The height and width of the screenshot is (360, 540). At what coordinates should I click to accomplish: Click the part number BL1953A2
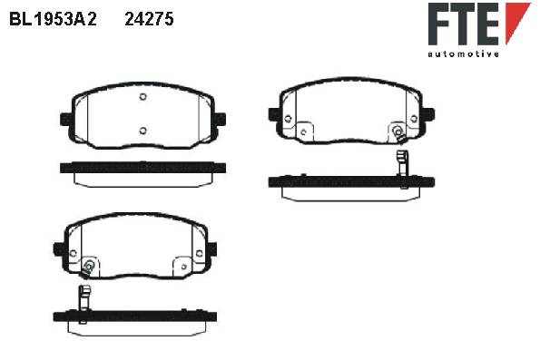point(53,19)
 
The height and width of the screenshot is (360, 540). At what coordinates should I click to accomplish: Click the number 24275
point(149,19)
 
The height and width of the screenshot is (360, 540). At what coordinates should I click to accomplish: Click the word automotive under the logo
point(463,54)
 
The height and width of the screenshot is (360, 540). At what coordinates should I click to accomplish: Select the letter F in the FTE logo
point(438,24)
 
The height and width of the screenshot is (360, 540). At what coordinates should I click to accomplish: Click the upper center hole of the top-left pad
point(143,97)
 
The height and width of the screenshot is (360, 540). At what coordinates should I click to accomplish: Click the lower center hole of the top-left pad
point(143,131)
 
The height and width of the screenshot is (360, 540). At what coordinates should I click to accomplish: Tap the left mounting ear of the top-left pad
point(65,120)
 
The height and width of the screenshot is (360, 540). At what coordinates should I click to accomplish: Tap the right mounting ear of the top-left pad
point(221,120)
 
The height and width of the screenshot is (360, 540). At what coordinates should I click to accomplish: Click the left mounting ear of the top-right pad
point(274,114)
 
